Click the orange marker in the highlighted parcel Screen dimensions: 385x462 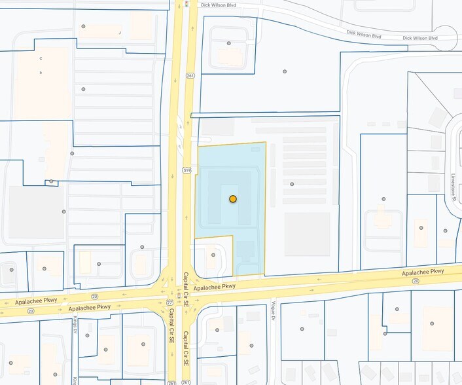pyautogui.click(x=232, y=198)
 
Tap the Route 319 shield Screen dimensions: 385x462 pyautogui.click(x=187, y=170)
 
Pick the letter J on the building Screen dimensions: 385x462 pyautogui.click(x=120, y=32)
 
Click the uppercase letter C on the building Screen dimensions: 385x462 pyautogui.click(x=41, y=58)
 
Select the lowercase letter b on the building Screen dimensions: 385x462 pyautogui.click(x=41, y=73)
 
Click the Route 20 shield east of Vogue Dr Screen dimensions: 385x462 pyautogui.click(x=416, y=280)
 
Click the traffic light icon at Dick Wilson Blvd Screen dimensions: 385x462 pyautogui.click(x=187, y=5)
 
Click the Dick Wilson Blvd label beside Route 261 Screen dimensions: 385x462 pyautogui.click(x=218, y=5)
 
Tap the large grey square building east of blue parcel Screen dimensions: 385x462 pyautogui.click(x=307, y=234)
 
